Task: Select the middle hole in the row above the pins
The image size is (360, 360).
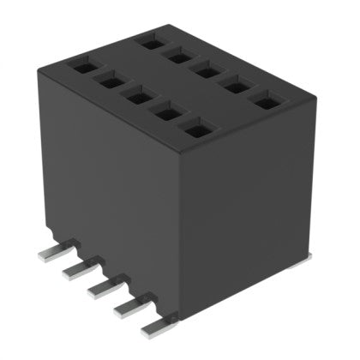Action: tap(135, 97)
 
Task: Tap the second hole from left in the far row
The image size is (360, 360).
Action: tap(180, 56)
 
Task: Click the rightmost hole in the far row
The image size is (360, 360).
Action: tap(266, 102)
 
